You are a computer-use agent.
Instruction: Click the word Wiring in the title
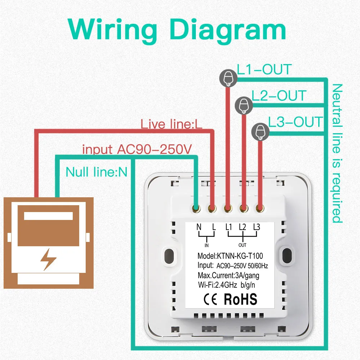pyautogui.click(x=112, y=30)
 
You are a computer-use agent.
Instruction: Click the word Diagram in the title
pyautogui.click(x=228, y=30)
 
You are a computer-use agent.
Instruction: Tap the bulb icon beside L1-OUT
pyautogui.click(x=228, y=78)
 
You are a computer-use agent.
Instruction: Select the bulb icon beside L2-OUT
pyautogui.click(x=244, y=105)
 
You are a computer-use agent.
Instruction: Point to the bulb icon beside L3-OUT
pyautogui.click(x=260, y=132)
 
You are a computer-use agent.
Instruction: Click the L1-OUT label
pyautogui.click(x=264, y=69)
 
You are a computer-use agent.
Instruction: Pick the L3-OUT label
pyautogui.click(x=296, y=122)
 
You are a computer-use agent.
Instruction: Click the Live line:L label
pyautogui.click(x=171, y=124)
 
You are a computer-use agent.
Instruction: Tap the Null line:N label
pyautogui.click(x=96, y=172)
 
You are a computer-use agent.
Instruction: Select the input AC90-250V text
pyautogui.click(x=137, y=149)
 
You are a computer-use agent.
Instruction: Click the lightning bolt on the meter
pyautogui.click(x=48, y=259)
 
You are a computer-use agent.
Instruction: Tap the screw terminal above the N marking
pyautogui.click(x=196, y=208)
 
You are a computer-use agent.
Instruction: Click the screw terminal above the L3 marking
pyautogui.click(x=260, y=208)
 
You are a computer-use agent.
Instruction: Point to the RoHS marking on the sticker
pyautogui.click(x=240, y=299)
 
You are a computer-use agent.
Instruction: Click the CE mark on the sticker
pyautogui.click(x=210, y=300)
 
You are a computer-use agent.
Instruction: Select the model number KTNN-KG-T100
pyautogui.click(x=240, y=256)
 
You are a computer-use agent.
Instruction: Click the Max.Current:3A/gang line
pyautogui.click(x=229, y=275)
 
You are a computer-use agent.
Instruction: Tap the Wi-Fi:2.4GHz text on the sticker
pyautogui.click(x=218, y=285)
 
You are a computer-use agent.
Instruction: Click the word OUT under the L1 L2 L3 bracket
pyautogui.click(x=242, y=245)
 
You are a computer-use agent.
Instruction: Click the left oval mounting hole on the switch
pyautogui.click(x=169, y=256)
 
